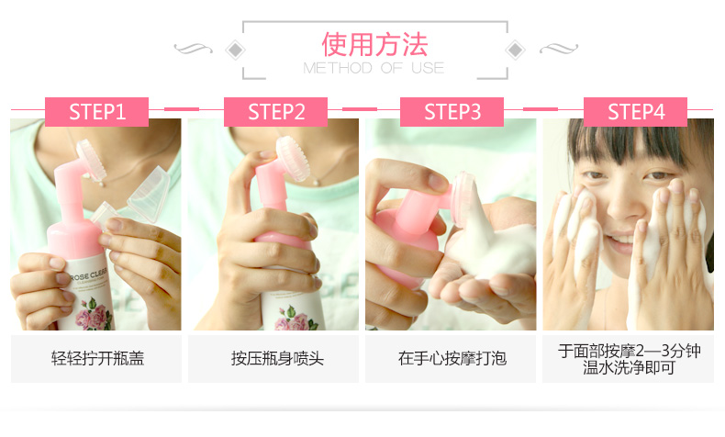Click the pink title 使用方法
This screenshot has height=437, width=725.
tap(374, 44)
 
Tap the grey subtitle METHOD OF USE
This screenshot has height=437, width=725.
tap(374, 68)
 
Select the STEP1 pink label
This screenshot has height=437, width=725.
tap(96, 112)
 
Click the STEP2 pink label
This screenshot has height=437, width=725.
tap(275, 112)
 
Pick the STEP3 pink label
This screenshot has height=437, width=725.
tap(452, 112)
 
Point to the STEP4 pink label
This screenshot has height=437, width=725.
tap(635, 112)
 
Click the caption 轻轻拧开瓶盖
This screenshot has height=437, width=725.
tap(97, 358)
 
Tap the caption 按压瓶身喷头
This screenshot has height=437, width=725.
tap(277, 358)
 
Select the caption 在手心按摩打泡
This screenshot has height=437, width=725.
tap(452, 358)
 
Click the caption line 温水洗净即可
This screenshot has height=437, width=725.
tap(629, 368)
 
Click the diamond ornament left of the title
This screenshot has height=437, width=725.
tap(235, 50)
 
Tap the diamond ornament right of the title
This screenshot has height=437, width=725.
tap(515, 50)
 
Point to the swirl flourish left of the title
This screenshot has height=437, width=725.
tap(194, 48)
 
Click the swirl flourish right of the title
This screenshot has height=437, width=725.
tap(559, 48)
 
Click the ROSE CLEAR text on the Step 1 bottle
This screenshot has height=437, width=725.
tap(88, 275)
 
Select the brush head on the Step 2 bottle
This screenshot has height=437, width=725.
tap(292, 159)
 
